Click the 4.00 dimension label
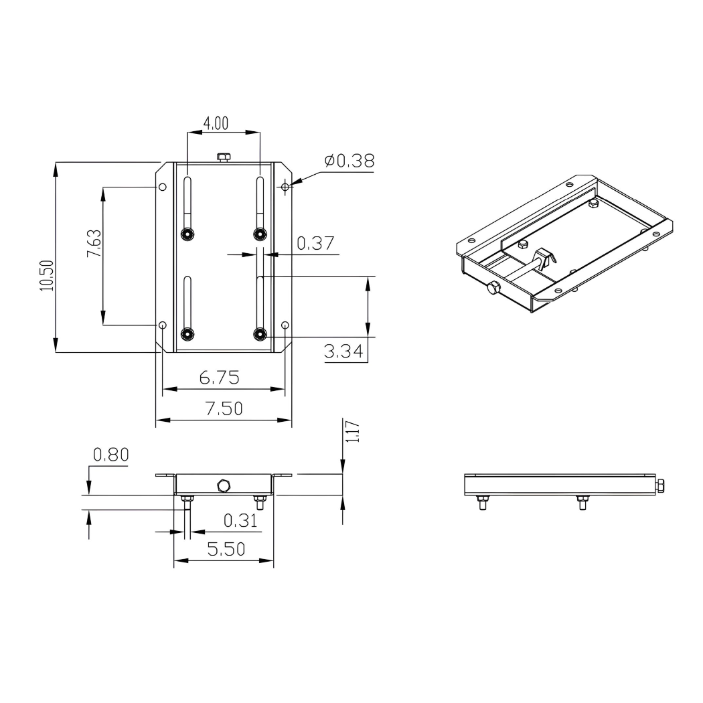point(216,123)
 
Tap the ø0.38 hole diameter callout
point(349,161)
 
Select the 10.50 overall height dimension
point(45,275)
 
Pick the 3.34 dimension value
point(346,351)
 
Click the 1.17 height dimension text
point(354,432)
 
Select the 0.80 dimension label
point(111,455)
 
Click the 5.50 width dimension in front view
point(226,550)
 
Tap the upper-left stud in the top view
point(187,233)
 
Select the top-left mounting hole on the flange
point(162,187)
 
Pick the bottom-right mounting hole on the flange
point(286,325)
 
